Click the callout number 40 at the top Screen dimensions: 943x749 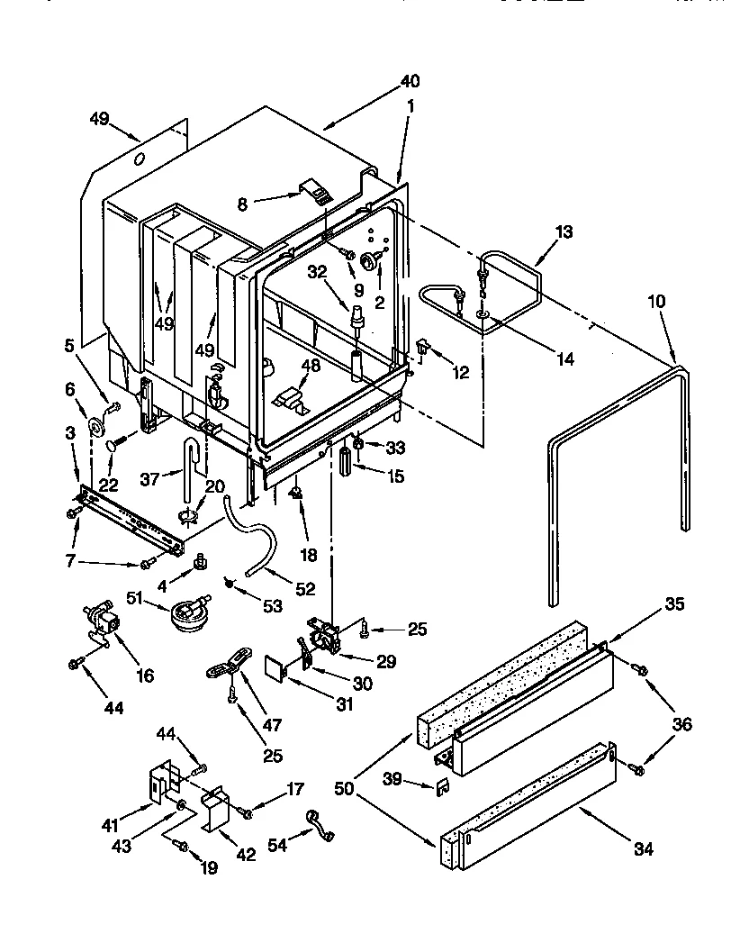coord(410,81)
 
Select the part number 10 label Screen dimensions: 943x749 coord(656,302)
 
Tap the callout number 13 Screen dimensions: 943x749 coord(563,231)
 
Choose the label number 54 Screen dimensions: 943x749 coord(279,847)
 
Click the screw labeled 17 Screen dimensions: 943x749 coord(247,813)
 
